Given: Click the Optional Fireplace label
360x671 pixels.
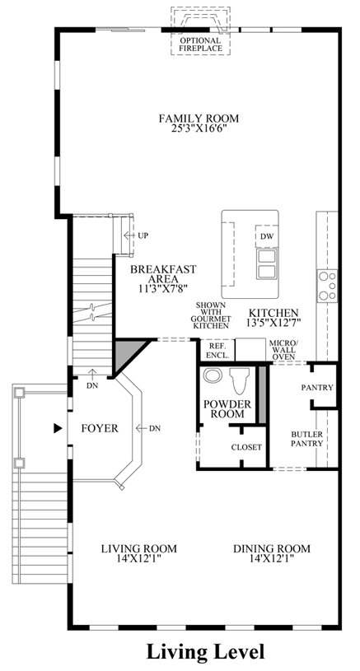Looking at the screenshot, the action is (200, 44).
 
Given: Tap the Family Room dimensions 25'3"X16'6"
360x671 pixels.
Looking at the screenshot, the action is (199, 128).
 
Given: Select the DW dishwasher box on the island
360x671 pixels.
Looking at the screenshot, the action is (267, 235).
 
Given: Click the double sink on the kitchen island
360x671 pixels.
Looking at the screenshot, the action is (266, 263).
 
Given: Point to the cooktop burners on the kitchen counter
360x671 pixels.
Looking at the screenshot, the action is (328, 285).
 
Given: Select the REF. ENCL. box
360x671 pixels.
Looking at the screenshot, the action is (217, 350).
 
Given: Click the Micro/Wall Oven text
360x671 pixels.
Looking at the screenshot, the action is (282, 350).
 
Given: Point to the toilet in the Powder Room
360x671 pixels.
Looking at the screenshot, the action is (240, 380).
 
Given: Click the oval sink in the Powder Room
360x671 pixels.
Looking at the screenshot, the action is (212, 375).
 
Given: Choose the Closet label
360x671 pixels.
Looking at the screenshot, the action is (246, 447).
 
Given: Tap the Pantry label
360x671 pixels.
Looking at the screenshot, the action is (317, 388).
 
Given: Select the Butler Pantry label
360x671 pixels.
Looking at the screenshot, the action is (307, 439).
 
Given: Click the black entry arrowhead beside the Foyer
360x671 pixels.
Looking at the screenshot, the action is (58, 428).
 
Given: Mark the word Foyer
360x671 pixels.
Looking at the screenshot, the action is (100, 428).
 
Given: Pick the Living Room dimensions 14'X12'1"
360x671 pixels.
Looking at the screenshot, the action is (138, 558).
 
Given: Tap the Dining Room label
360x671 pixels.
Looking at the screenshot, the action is (272, 548).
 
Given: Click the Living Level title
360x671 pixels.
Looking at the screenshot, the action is (205, 652).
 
